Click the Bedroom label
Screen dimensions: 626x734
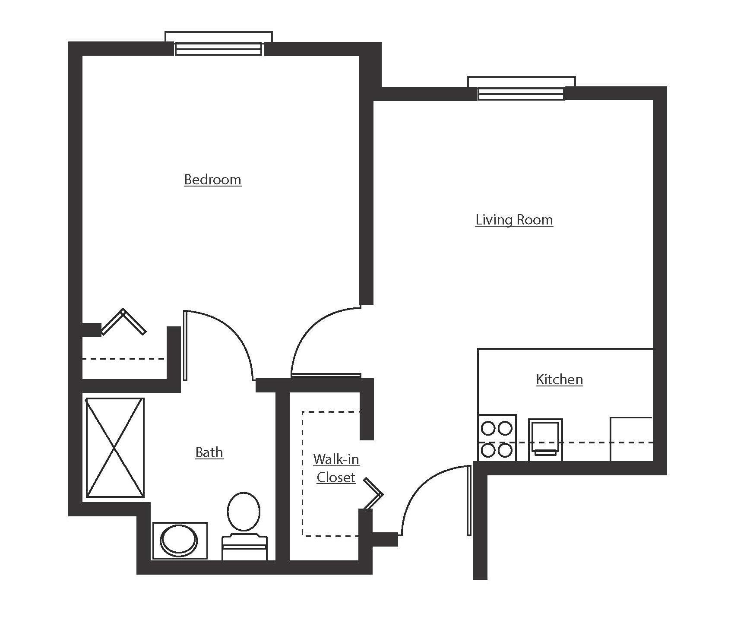(x=212, y=179)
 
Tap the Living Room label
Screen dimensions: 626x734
(x=514, y=220)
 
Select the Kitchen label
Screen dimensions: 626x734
(x=559, y=379)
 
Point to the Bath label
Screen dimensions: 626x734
(x=209, y=452)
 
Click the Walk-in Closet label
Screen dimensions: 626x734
(x=336, y=468)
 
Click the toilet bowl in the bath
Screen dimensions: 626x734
(x=244, y=512)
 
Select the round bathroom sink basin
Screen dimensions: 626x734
(x=179, y=541)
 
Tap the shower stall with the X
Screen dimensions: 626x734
(x=115, y=448)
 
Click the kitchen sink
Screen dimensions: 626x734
(x=545, y=437)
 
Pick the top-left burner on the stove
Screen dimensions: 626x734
(x=488, y=429)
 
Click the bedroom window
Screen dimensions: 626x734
(x=218, y=48)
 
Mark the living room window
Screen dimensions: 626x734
(x=521, y=93)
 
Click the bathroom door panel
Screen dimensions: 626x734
(x=185, y=345)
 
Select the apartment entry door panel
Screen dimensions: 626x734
(x=469, y=500)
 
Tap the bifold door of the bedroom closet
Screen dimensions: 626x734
(x=123, y=322)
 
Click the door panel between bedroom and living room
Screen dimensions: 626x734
(x=326, y=375)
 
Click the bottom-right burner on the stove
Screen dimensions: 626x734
(x=505, y=450)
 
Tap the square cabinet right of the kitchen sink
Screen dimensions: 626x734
(x=631, y=439)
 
